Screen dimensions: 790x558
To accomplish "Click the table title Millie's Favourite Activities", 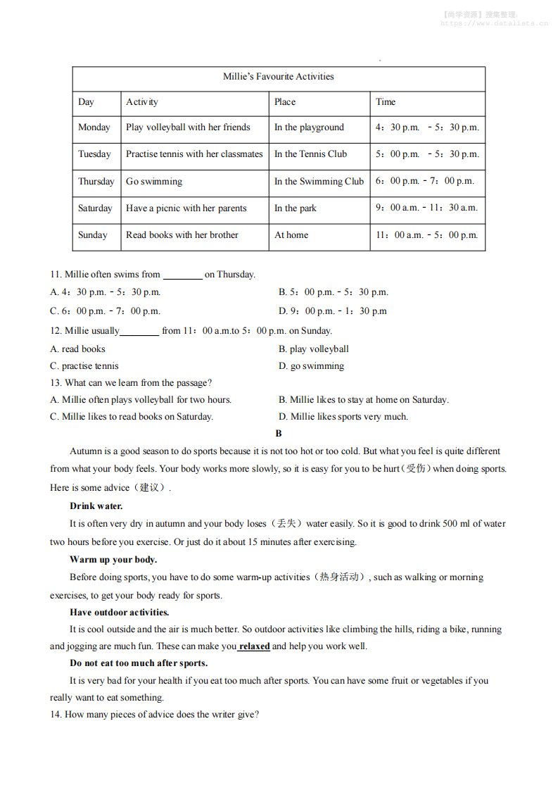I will pyautogui.click(x=278, y=77).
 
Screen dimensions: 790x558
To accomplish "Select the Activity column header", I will pyautogui.click(x=141, y=102).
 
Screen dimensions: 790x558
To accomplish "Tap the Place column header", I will pyautogui.click(x=285, y=102).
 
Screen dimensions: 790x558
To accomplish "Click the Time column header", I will pyautogui.click(x=386, y=102).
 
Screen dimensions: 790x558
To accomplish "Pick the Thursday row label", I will pyautogui.click(x=96, y=182).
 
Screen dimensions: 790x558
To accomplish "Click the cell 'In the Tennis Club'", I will pyautogui.click(x=310, y=154).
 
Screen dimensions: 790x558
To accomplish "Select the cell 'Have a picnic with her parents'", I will pyautogui.click(x=186, y=208).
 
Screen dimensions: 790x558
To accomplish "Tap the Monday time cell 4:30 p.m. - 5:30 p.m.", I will pyautogui.click(x=426, y=127).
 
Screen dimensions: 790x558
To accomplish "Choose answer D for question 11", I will pyautogui.click(x=332, y=311).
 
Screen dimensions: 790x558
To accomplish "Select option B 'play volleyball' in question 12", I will pyautogui.click(x=313, y=349).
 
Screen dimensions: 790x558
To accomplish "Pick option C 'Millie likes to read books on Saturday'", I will pyautogui.click(x=132, y=417).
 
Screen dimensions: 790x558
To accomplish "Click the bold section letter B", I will pyautogui.click(x=279, y=434).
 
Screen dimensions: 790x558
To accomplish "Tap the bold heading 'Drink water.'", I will pyautogui.click(x=96, y=506).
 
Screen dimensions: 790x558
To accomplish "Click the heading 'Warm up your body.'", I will pyautogui.click(x=113, y=560).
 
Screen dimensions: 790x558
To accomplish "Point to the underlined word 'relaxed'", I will pyautogui.click(x=255, y=646).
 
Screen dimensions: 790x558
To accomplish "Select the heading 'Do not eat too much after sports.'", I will pyautogui.click(x=139, y=663).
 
